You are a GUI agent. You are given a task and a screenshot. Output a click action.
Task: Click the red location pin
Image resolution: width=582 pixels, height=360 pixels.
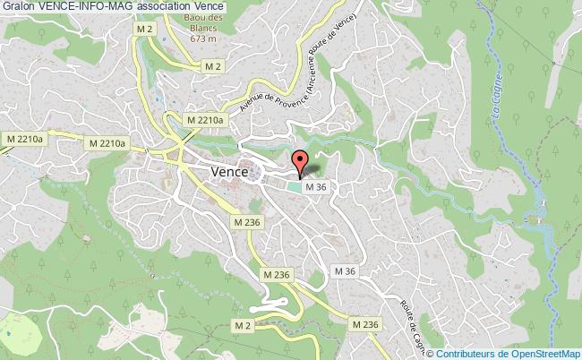click(x=300, y=162)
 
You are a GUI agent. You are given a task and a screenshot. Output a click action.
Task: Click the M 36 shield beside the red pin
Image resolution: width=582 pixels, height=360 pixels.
click(x=313, y=187)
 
